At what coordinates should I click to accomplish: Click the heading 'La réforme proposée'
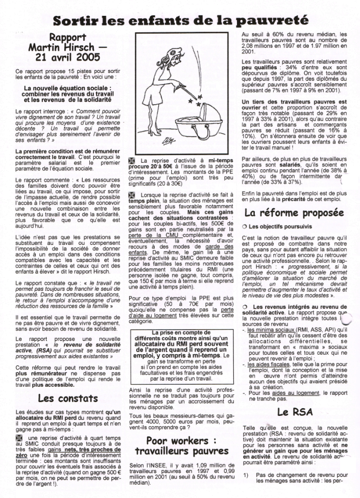[293, 212]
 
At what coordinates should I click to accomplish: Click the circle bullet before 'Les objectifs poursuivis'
[245, 226]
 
